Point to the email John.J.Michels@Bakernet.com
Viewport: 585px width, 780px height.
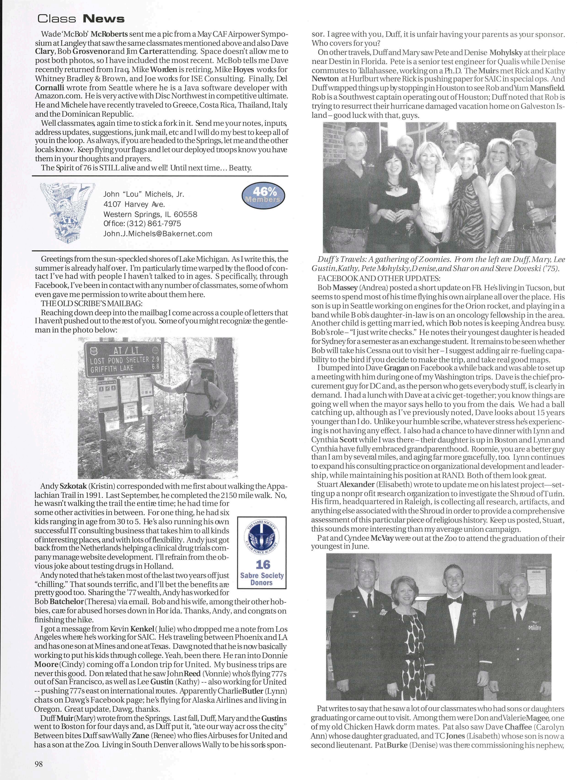(158, 233)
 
